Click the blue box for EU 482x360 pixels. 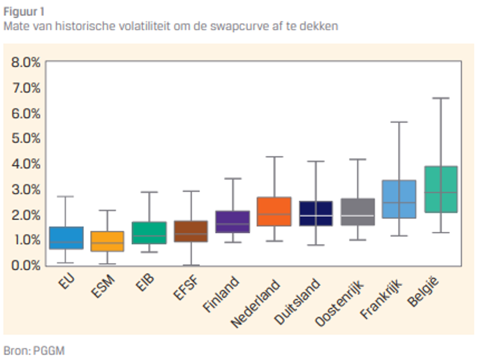pos(66,238)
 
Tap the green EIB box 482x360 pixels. pos(149,233)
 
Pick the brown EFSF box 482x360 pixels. pos(191,231)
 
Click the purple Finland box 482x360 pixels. pos(233,222)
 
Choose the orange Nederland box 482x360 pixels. pos(274,211)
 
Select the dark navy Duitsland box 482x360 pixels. pos(316,213)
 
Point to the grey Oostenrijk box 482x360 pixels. pos(358,212)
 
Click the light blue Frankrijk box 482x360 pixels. pos(399,199)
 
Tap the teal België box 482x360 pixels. pos(441,189)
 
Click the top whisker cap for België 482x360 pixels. pos(441,98)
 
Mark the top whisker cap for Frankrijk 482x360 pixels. pos(399,122)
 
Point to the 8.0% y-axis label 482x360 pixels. pos(26,62)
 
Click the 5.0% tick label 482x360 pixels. pos(26,138)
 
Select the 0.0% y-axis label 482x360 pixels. pos(26,265)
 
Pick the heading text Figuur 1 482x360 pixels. pos(24,12)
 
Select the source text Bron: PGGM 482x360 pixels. pos(34,351)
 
